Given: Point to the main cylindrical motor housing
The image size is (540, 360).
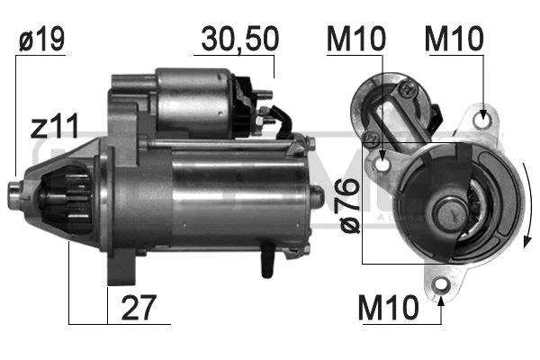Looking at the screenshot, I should click(x=234, y=193).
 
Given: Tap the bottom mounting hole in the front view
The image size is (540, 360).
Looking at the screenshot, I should click(x=441, y=286).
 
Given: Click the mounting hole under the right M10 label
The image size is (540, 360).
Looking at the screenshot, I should click(x=486, y=116).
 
